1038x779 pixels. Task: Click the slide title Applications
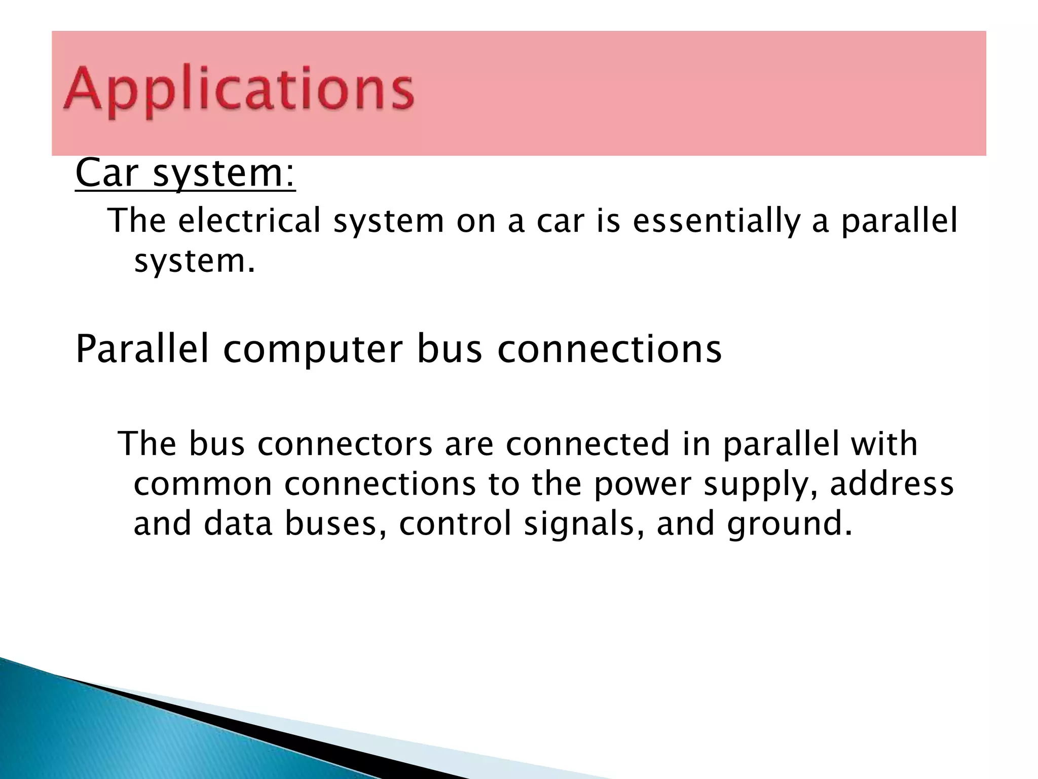238,91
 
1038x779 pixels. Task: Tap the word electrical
249,221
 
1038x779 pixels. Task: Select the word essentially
716,221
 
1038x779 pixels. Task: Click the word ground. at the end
790,525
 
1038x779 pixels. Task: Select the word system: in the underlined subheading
224,173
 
